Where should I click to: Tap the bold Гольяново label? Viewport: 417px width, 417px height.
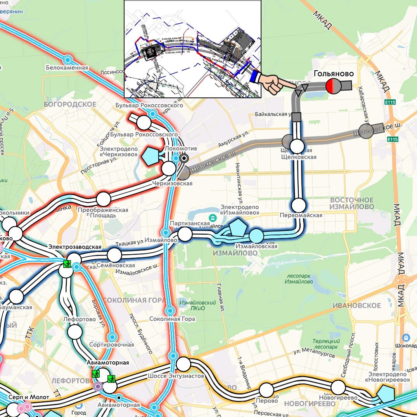333,74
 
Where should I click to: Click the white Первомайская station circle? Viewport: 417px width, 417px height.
299,205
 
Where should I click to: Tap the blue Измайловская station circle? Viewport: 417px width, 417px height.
256,236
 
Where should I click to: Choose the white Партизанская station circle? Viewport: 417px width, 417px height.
185,234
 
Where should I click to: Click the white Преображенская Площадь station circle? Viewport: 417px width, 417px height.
103,199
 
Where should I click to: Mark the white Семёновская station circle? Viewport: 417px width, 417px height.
114,255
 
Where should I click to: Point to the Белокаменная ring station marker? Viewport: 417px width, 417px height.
68,60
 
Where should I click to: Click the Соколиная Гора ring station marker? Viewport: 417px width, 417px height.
170,311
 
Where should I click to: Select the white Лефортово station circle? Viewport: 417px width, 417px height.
75,332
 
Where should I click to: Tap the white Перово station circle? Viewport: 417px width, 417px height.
266,390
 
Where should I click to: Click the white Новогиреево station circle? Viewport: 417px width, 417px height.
338,387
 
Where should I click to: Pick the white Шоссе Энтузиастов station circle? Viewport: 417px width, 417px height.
183,364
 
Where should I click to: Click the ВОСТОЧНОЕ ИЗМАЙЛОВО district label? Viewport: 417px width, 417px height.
352,203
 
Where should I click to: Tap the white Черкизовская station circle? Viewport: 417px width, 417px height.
169,169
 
